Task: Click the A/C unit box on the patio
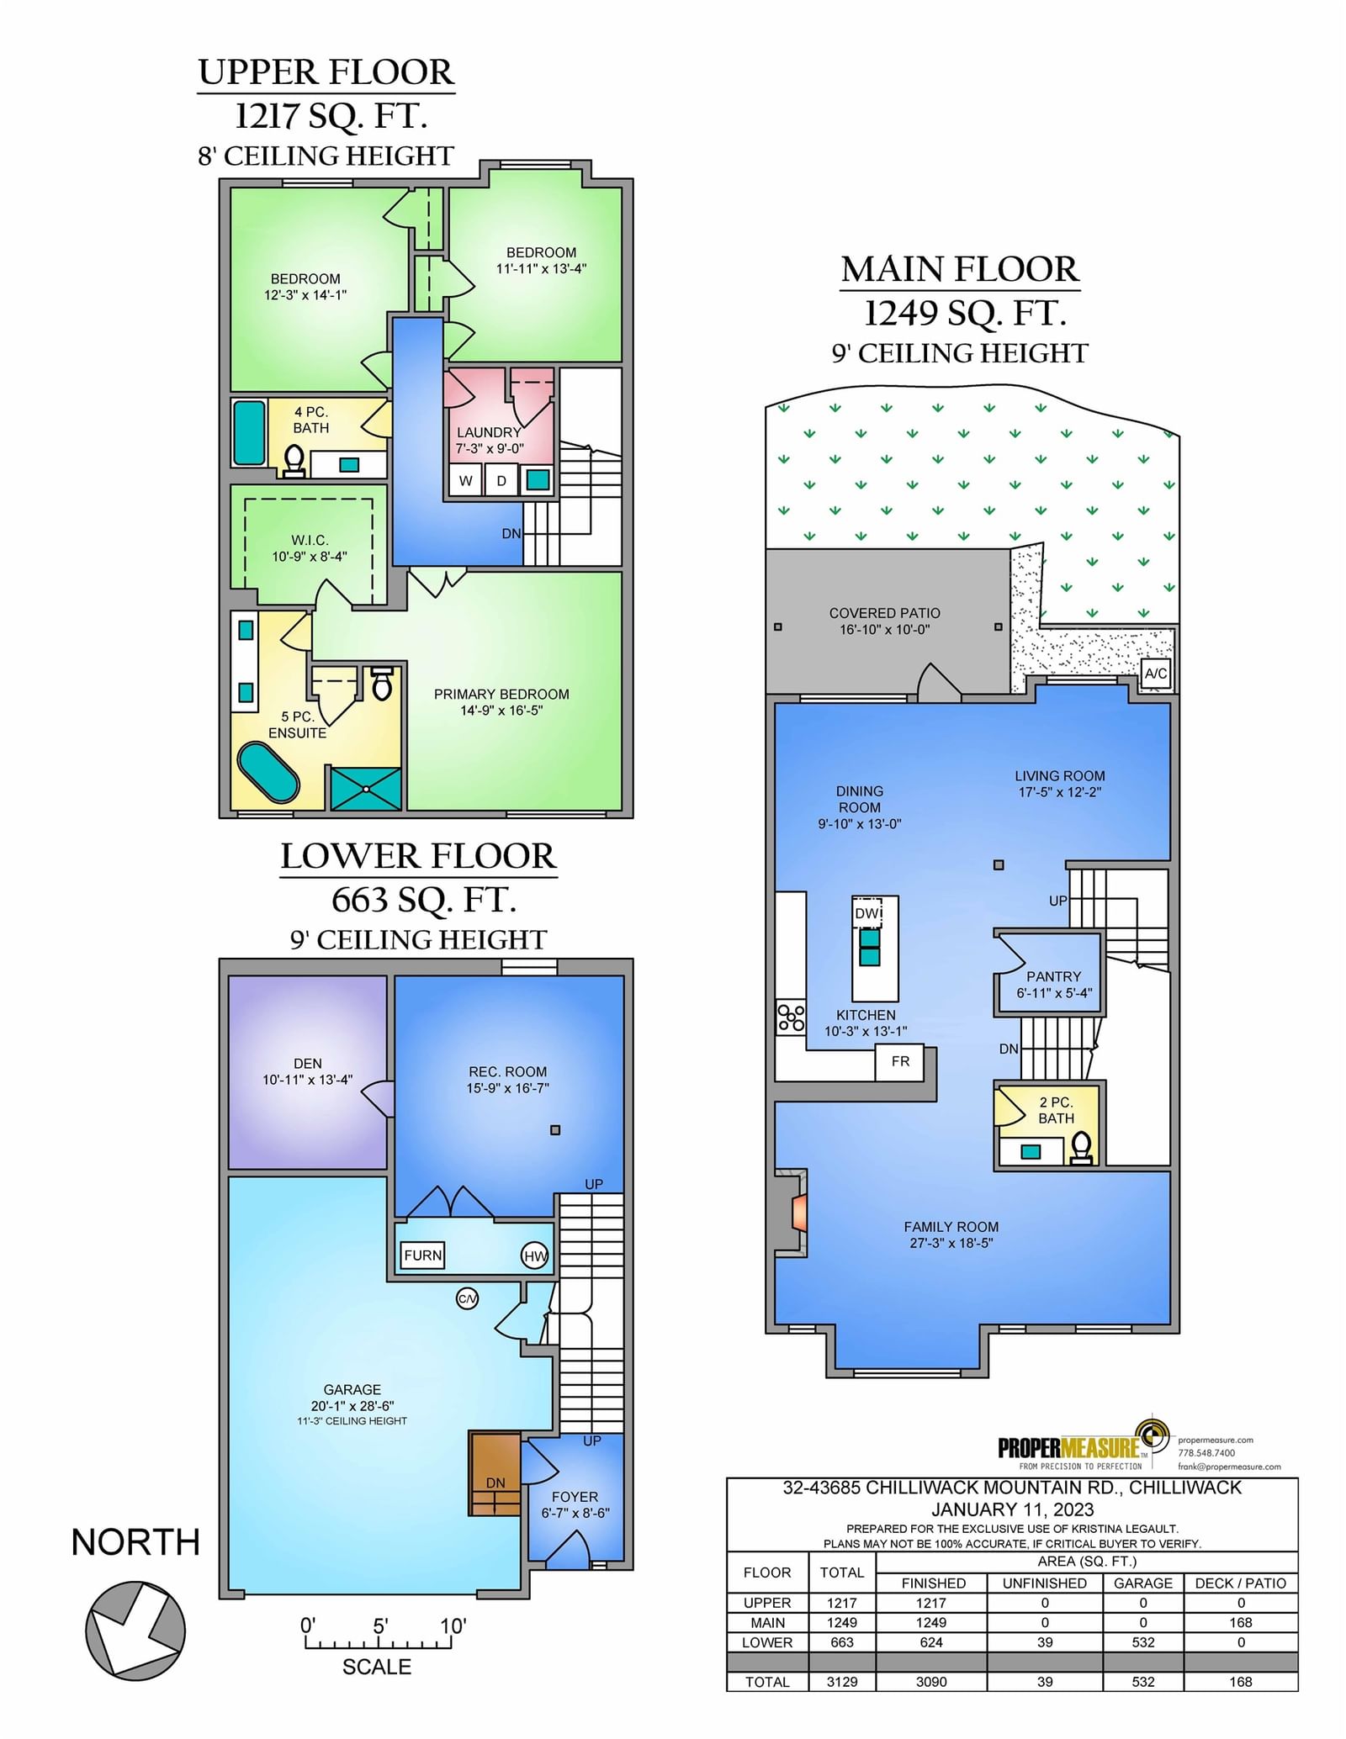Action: (1155, 673)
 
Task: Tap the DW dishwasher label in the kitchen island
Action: (868, 912)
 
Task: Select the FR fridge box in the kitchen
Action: (899, 1061)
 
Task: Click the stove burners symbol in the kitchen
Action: (791, 1017)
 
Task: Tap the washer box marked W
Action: (465, 480)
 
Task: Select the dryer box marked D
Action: (501, 480)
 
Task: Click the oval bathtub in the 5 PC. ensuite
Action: (268, 771)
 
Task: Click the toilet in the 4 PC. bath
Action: (294, 461)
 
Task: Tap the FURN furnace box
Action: (422, 1255)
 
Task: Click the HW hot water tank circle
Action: (535, 1256)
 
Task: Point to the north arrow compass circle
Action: (135, 1631)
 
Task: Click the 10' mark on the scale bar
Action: (453, 1625)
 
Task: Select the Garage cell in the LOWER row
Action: (1143, 1642)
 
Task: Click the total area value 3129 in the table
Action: (841, 1682)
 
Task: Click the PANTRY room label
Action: (1053, 976)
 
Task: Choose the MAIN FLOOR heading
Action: (960, 269)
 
